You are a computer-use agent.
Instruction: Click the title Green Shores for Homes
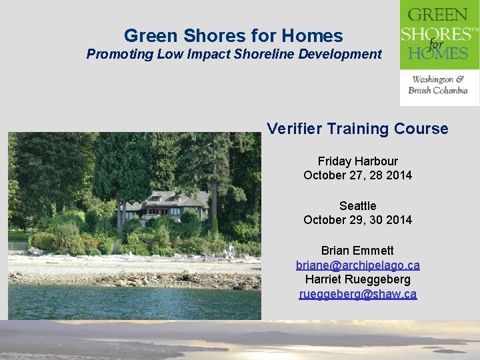tap(233, 35)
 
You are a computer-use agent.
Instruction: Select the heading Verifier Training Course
tap(357, 129)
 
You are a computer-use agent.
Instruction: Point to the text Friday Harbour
tap(357, 161)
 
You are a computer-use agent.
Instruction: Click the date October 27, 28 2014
tap(357, 175)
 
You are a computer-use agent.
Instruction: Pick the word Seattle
tap(357, 206)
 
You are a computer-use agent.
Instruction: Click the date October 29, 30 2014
tap(357, 220)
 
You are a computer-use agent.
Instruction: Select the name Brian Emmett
tap(357, 251)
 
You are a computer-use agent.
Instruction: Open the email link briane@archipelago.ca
tap(357, 265)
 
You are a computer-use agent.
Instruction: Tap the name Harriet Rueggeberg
tap(357, 279)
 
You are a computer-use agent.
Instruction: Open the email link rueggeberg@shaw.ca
tap(357, 294)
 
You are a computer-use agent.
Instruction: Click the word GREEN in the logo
tap(438, 15)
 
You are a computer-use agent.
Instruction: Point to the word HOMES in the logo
tap(438, 52)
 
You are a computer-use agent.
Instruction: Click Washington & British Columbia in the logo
tap(439, 85)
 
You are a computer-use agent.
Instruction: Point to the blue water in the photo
tap(133, 303)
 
